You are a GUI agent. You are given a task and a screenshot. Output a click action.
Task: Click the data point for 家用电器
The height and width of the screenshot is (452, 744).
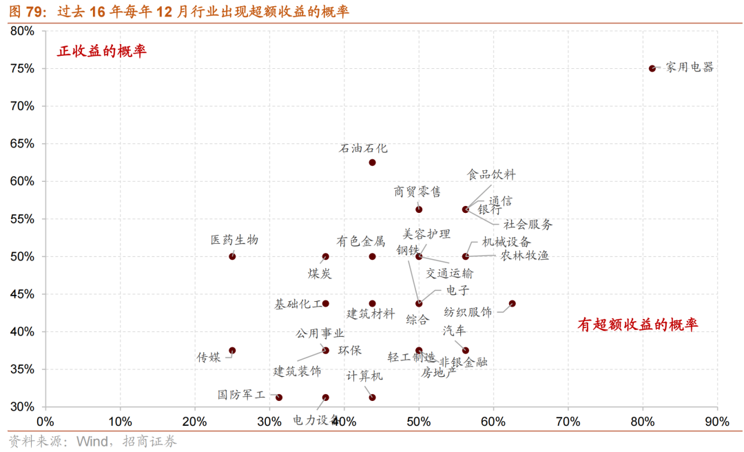[x=652, y=68]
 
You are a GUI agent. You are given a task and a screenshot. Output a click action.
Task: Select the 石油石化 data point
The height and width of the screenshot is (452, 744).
[x=372, y=163]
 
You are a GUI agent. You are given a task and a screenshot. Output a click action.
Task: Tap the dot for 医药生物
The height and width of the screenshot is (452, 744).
[x=232, y=256]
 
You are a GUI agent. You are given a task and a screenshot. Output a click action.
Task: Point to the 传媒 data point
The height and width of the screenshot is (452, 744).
[x=232, y=351]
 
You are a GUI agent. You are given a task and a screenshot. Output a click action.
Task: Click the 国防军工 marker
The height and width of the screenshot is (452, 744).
[x=279, y=398]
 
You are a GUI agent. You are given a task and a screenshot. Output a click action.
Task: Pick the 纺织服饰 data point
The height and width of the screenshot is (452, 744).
[x=512, y=304]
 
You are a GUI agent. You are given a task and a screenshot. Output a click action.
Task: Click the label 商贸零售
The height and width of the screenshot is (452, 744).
[x=417, y=192]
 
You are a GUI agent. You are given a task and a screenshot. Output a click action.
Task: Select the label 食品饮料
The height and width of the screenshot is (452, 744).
[x=491, y=175]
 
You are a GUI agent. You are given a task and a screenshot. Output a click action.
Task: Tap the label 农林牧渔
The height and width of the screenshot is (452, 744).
[x=525, y=256]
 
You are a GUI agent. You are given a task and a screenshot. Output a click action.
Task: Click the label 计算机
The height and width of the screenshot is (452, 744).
[x=365, y=376]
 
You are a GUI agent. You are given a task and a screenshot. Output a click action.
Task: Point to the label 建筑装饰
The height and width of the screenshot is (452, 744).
[x=298, y=371]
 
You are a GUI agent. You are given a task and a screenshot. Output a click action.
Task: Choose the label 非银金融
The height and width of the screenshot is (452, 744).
[x=464, y=362]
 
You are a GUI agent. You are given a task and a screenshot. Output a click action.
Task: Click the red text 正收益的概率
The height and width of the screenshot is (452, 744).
[x=102, y=51]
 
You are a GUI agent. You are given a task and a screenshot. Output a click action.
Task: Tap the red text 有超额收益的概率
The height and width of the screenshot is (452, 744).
[x=637, y=325]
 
